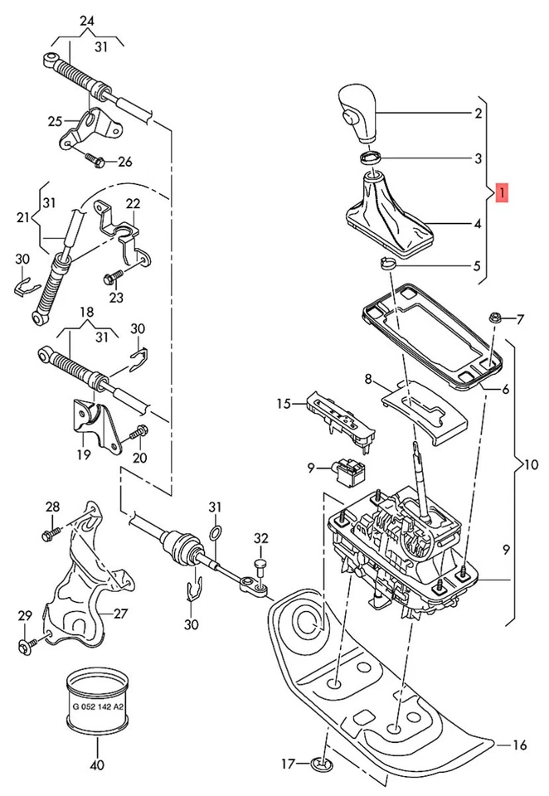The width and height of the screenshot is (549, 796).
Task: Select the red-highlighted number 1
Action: click(502, 193)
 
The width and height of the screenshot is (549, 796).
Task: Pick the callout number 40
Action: click(97, 765)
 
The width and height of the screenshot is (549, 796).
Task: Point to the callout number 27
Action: click(121, 614)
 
